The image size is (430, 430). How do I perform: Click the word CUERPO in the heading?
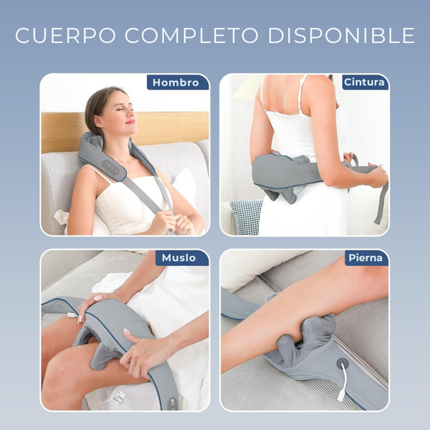point(59,35)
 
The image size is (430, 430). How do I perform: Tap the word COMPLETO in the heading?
point(183,35)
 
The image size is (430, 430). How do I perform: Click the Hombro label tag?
point(176,82)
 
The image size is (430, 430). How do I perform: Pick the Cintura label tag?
point(364,82)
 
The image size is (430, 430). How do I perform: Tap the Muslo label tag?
point(178,258)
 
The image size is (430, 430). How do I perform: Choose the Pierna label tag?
point(366,258)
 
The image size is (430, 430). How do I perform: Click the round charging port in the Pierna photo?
point(342,364)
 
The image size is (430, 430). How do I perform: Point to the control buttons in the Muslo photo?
point(173,402)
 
